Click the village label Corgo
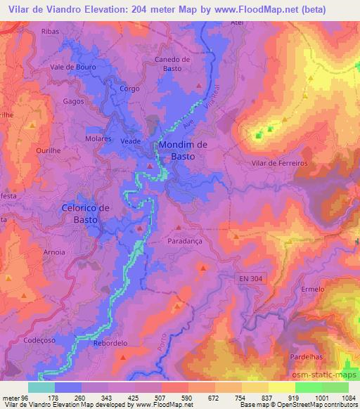pyautogui.click(x=129, y=89)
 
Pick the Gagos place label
pyautogui.click(x=73, y=101)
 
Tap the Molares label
pyautogui.click(x=98, y=140)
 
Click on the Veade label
pyautogui.click(x=131, y=141)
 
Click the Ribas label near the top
pyautogui.click(x=70, y=32)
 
